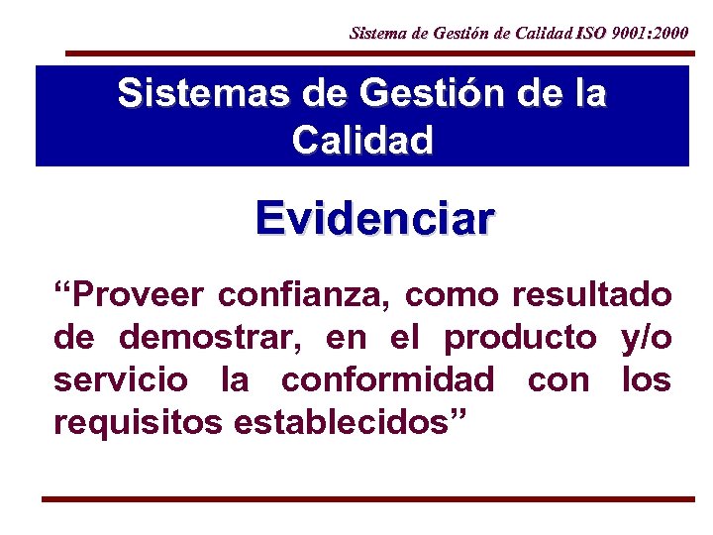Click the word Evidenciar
coord(373,219)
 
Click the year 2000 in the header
coord(671,33)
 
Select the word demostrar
coord(218,338)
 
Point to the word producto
coord(521,338)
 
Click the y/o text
coord(646,338)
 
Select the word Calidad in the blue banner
coord(362,140)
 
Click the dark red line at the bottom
coord(367,499)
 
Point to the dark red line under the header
coord(376,53)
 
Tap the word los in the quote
coord(647,379)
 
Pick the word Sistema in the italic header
coord(375,33)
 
